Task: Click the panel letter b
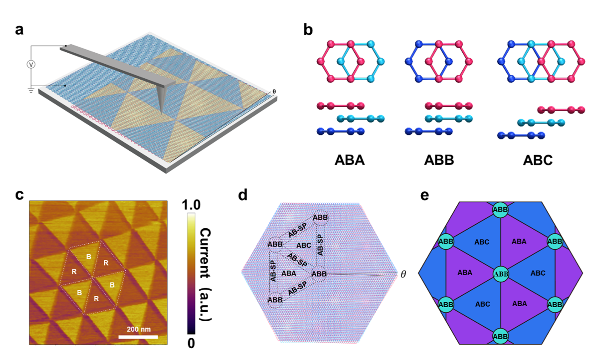click(308, 30)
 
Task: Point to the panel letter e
click(424, 195)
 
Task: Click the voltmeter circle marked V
click(31, 65)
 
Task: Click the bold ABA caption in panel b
click(350, 161)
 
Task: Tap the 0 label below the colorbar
click(191, 343)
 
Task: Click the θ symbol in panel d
click(403, 274)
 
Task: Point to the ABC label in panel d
click(304, 245)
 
